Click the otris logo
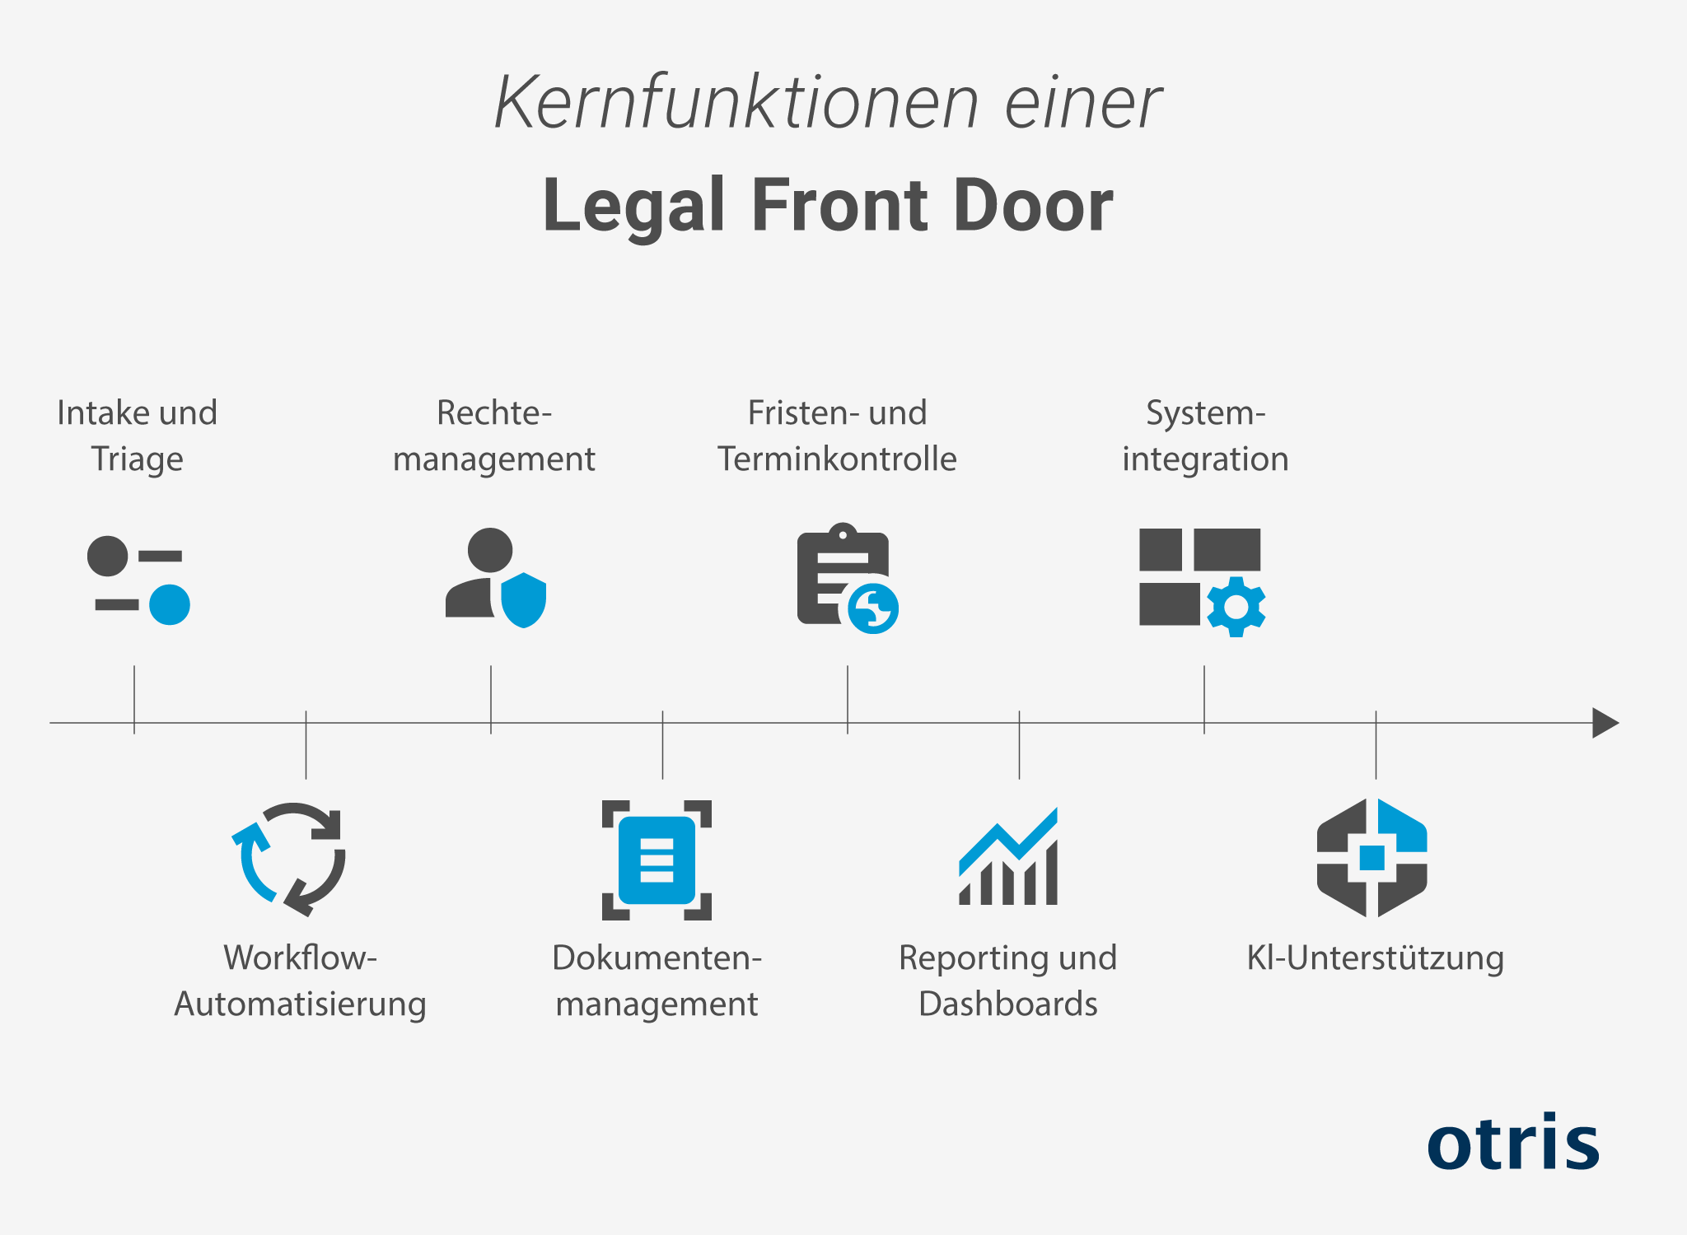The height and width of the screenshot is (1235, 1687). click(1513, 1142)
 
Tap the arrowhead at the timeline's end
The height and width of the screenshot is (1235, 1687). click(1604, 723)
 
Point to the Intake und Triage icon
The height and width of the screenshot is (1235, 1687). click(138, 580)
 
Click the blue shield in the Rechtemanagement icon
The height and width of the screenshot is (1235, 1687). click(524, 600)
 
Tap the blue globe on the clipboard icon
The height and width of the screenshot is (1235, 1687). click(873, 609)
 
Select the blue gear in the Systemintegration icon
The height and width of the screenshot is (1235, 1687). click(1236, 607)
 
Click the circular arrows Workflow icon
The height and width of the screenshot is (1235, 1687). click(289, 859)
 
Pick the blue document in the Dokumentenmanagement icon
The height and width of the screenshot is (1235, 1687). click(657, 860)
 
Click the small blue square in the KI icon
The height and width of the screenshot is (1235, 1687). click(1372, 857)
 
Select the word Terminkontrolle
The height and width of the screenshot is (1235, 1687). click(837, 459)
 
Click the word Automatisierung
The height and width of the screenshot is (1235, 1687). click(300, 1004)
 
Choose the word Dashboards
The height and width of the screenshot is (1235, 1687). click(1007, 1004)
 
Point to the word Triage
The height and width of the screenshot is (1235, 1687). click(137, 459)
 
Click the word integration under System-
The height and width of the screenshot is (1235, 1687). click(1205, 459)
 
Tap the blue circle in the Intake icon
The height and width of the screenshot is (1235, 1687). click(170, 604)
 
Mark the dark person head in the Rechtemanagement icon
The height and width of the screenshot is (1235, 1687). click(490, 550)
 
